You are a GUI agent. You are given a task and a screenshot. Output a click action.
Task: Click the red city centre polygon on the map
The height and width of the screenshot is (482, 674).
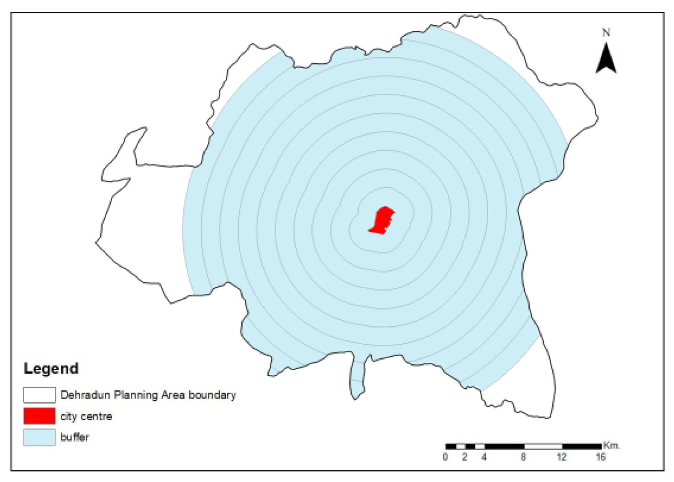click(381, 220)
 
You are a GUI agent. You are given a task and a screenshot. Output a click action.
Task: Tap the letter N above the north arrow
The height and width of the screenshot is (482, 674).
click(606, 33)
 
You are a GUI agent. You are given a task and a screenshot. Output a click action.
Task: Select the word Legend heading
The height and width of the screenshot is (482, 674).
click(51, 368)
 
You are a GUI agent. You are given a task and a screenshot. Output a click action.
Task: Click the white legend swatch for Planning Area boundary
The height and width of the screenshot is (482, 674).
click(39, 395)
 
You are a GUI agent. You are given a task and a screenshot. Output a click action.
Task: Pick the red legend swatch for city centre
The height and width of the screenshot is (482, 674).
click(39, 416)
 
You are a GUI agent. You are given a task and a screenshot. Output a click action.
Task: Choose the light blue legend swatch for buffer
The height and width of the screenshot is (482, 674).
click(39, 437)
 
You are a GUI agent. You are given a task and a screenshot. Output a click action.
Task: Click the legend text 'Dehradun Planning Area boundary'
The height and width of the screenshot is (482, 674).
click(148, 395)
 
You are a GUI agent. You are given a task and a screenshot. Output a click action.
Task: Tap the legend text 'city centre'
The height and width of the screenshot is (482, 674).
click(86, 416)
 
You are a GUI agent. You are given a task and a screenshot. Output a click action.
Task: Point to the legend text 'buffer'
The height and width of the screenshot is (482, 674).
click(75, 437)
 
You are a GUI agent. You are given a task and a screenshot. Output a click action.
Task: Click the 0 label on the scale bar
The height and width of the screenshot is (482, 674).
click(445, 457)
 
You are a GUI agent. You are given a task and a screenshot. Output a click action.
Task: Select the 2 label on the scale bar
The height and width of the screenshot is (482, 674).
click(464, 457)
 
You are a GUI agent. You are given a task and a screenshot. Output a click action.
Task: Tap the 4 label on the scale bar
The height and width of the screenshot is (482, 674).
click(484, 457)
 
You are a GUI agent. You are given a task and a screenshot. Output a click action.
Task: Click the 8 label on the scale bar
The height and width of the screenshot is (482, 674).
click(523, 457)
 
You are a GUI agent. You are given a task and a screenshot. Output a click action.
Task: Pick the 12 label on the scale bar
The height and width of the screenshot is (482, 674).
click(561, 457)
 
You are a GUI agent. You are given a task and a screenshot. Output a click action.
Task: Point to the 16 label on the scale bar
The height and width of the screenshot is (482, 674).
click(600, 457)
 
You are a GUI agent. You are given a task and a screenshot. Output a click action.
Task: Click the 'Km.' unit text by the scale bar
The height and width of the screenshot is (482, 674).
click(611, 445)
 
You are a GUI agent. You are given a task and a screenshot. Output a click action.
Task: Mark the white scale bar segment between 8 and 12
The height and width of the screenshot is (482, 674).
click(543, 446)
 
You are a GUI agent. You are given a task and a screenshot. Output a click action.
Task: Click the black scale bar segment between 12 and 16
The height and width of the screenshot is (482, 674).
click(582, 446)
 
